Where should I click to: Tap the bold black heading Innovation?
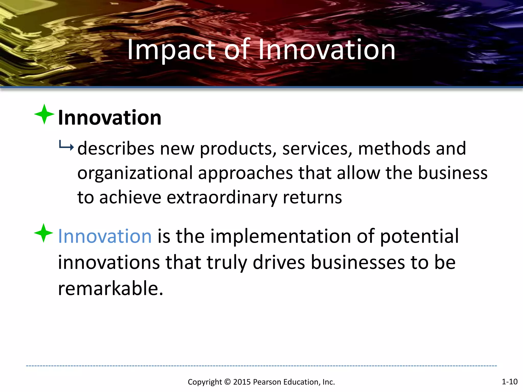click(x=110, y=118)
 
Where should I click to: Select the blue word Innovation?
click(x=105, y=236)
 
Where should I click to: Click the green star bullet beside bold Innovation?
click(x=44, y=114)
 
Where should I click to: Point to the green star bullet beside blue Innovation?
click(x=44, y=233)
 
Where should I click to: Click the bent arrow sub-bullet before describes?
click(x=66, y=146)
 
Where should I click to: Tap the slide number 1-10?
click(x=509, y=382)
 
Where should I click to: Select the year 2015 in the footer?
click(x=242, y=382)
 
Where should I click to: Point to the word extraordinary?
click(x=222, y=198)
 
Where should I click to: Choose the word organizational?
click(x=135, y=173)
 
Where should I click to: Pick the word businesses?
click(x=358, y=263)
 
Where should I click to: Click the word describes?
click(x=116, y=149)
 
